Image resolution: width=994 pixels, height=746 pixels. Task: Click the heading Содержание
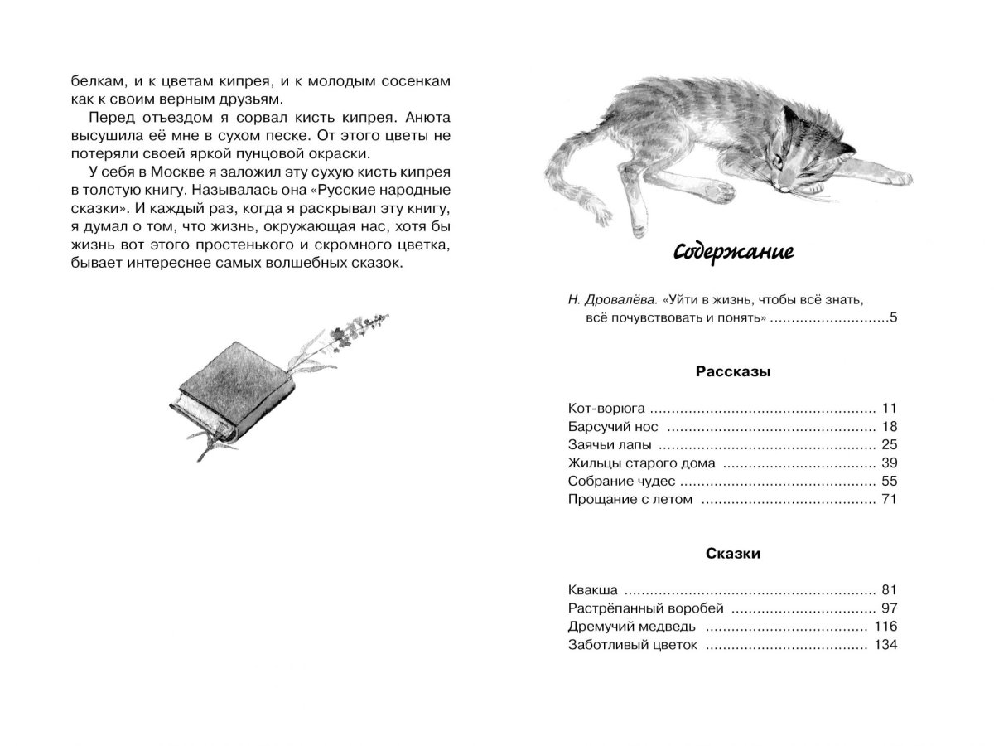coord(732,251)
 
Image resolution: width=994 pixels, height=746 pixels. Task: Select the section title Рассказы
coord(732,372)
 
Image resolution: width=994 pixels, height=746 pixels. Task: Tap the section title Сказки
coord(733,554)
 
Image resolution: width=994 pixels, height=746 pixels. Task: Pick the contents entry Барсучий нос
coord(614,428)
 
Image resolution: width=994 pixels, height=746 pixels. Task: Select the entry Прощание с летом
coord(630,500)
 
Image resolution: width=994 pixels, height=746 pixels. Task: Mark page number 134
coord(885,645)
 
